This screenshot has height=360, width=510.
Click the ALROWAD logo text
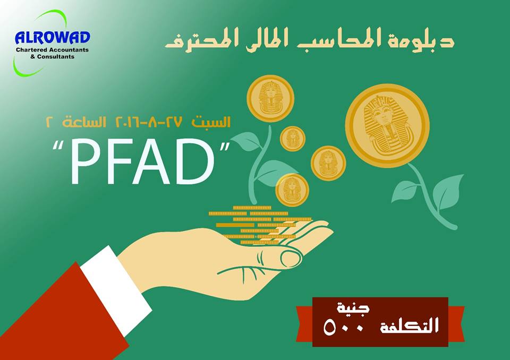click(x=53, y=37)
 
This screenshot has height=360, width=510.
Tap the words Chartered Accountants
click(x=52, y=50)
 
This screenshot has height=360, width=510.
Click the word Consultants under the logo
click(x=56, y=57)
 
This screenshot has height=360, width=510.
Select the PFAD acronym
click(x=142, y=161)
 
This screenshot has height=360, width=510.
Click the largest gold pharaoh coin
click(x=387, y=125)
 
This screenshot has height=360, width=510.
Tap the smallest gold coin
click(x=292, y=139)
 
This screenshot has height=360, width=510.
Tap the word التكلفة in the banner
click(x=410, y=325)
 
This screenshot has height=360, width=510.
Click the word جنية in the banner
click(x=353, y=308)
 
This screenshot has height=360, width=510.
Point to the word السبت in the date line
click(x=211, y=122)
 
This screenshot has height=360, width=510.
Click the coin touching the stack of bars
click(x=292, y=190)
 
